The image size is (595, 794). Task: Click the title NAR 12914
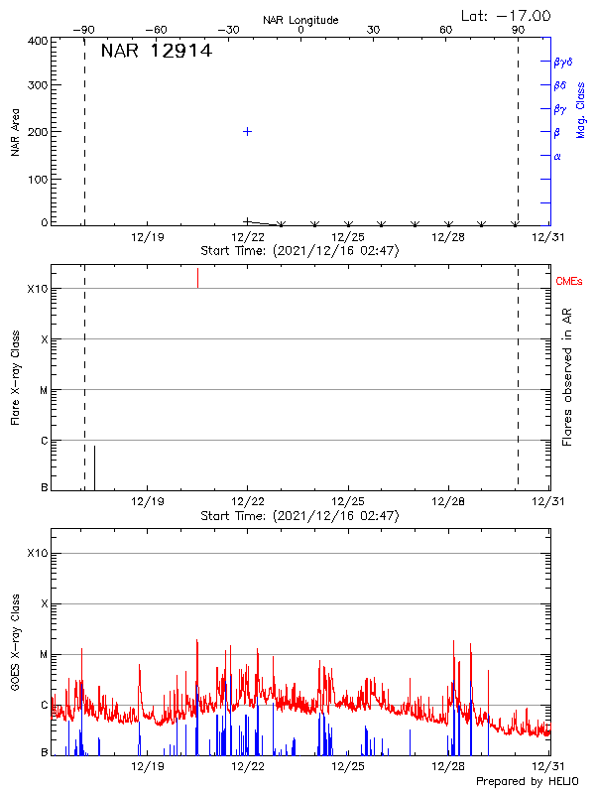156,52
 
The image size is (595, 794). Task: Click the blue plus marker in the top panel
247,131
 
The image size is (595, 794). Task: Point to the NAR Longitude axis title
300,20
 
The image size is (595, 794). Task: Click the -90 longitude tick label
87,30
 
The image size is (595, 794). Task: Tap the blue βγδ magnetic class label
562,62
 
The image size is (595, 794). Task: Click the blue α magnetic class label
557,156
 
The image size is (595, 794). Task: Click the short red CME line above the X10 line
197,277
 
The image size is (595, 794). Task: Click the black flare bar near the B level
94,466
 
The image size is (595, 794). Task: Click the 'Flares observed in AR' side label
567,376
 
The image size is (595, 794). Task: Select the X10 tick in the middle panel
37,289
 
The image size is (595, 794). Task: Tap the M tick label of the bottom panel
44,654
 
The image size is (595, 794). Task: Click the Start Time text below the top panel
299,251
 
